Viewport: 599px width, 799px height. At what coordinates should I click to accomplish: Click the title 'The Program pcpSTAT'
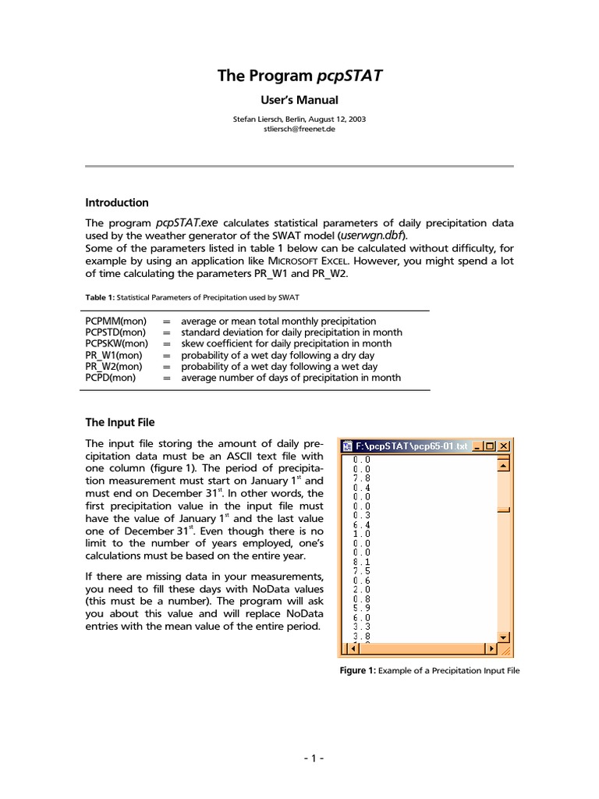(299, 76)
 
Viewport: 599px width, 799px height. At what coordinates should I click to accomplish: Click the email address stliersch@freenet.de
(299, 130)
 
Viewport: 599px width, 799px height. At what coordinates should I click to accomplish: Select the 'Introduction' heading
(116, 203)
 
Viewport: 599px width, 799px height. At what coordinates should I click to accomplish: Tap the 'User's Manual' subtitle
(299, 100)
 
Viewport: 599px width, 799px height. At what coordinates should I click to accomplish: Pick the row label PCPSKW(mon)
(116, 343)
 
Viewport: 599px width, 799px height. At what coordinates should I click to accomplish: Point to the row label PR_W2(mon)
(114, 366)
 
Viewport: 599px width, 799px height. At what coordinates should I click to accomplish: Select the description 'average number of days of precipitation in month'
(291, 378)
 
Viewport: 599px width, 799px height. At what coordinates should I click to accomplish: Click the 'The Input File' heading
(119, 422)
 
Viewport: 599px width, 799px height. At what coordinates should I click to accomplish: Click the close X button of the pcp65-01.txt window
(504, 446)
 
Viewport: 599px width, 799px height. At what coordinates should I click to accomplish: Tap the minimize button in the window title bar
(477, 446)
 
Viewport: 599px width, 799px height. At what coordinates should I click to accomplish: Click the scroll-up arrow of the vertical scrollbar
(503, 466)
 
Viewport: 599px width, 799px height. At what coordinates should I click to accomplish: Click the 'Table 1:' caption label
(101, 298)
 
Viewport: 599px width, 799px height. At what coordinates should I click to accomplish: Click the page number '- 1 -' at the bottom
(299, 759)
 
